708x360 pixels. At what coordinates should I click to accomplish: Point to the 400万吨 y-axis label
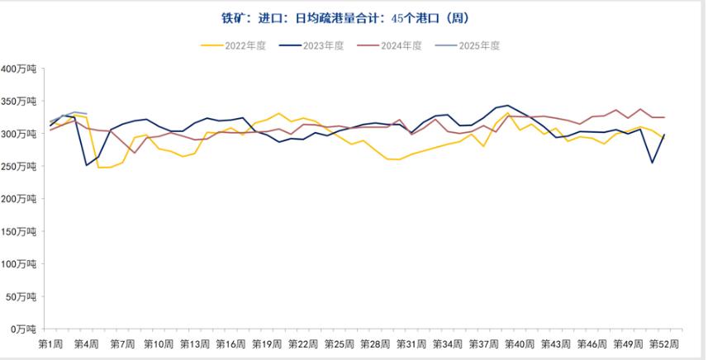pos(19,69)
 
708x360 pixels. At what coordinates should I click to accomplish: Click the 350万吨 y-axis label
pos(19,101)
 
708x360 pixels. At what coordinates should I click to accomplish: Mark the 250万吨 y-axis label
pos(19,166)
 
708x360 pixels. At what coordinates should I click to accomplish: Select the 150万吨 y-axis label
pos(19,231)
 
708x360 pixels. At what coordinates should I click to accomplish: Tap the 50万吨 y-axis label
pos(21,296)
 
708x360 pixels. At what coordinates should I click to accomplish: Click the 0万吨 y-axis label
pos(24,329)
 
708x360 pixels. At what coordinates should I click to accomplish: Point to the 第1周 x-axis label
pos(51,343)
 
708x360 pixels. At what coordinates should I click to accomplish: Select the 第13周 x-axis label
pos(194,343)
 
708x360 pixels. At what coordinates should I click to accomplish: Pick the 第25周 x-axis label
pos(338,343)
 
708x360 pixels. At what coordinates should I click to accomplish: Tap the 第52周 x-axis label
pos(663,343)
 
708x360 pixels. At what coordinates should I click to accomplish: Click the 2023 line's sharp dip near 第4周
pos(86,165)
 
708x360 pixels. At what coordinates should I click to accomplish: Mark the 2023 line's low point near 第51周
pos(652,163)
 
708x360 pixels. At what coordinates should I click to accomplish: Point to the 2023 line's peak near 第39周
pos(507,106)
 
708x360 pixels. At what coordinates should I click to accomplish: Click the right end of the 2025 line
pos(86,114)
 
